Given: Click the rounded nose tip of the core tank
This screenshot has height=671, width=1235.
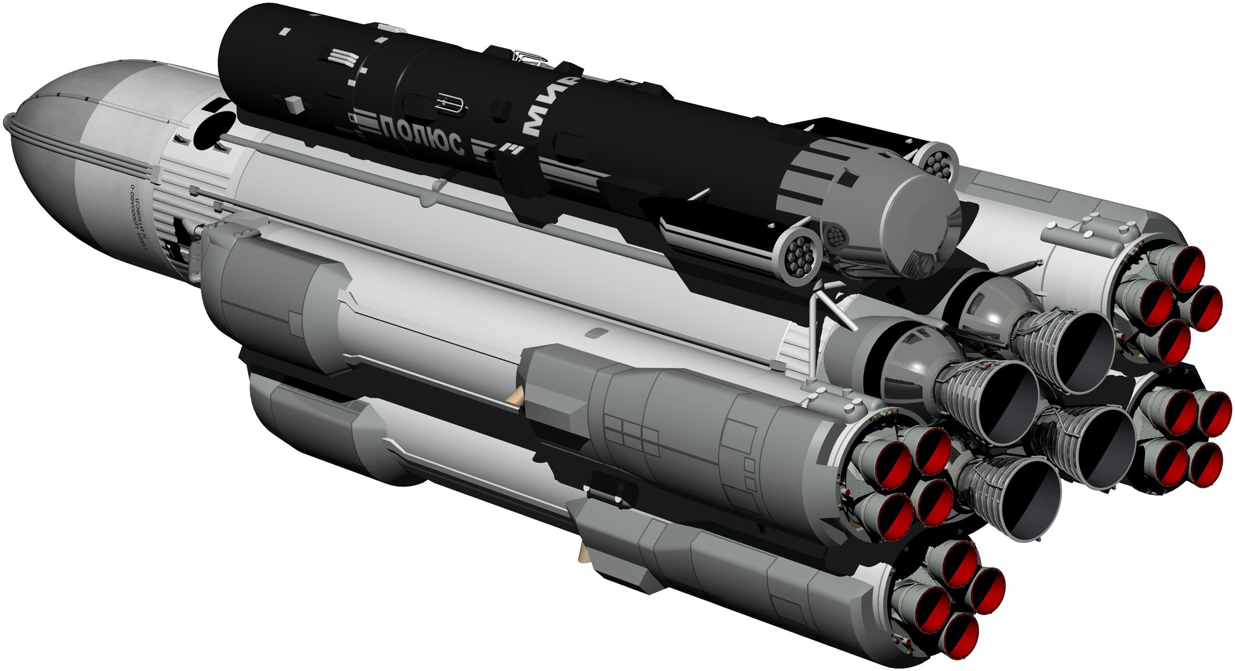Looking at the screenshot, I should coord(8,122).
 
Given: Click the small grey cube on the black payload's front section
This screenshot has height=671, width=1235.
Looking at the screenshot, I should coord(295,104).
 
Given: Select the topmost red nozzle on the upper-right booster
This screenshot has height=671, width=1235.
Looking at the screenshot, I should coord(1185,268).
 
